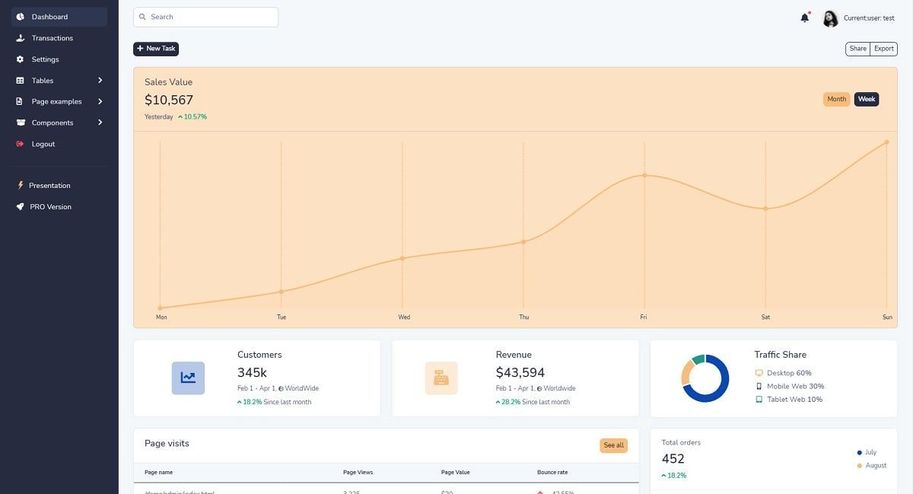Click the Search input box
[205, 17]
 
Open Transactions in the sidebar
[52, 38]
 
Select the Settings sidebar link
[45, 59]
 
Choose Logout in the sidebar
[43, 144]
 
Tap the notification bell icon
[804, 18]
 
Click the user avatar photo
[830, 18]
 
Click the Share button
[857, 49]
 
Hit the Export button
[883, 49]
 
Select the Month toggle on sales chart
[836, 99]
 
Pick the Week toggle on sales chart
[867, 99]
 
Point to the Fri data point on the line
[644, 175]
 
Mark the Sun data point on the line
[886, 142]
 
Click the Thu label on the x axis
[524, 317]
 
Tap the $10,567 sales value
[169, 100]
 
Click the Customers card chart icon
[188, 378]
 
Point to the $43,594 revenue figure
[520, 372]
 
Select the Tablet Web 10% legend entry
[794, 399]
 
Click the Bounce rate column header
[552, 472]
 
